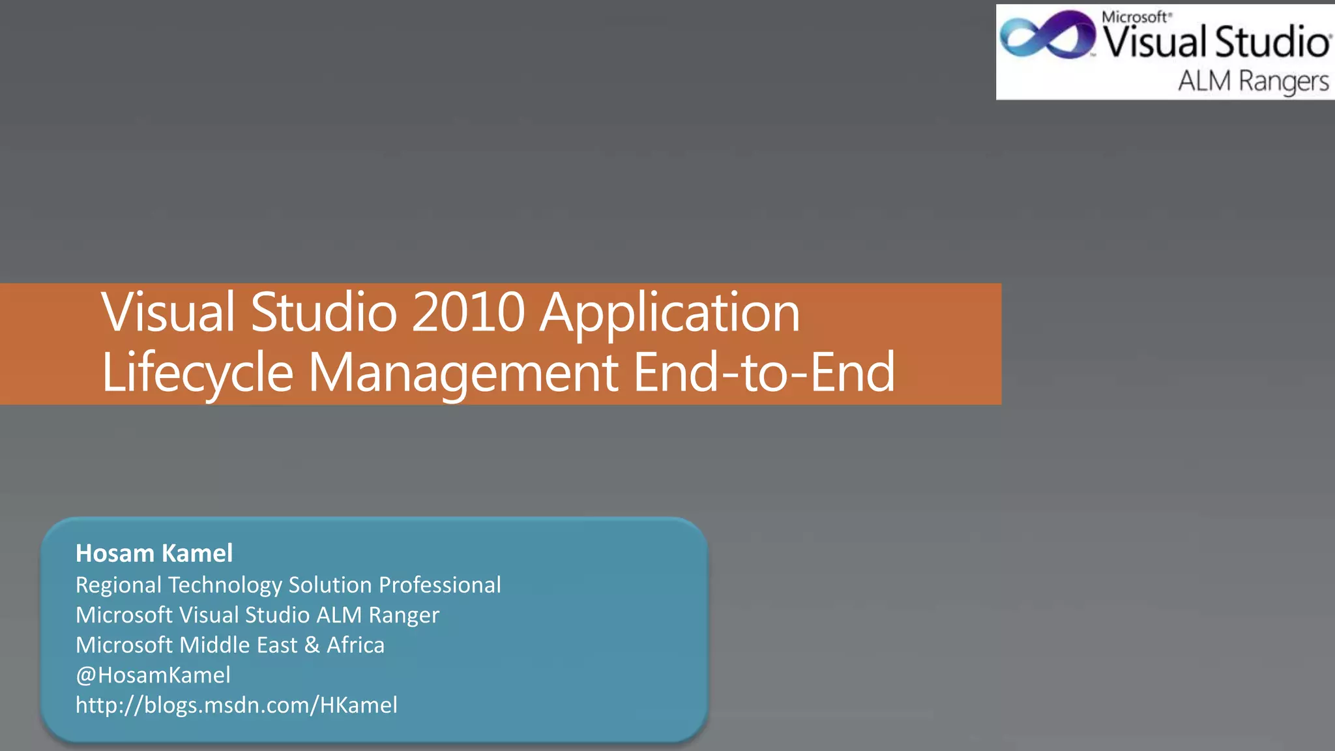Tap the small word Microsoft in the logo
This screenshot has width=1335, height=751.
pyautogui.click(x=1136, y=17)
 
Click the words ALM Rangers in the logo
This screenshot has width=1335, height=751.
pyautogui.click(x=1253, y=81)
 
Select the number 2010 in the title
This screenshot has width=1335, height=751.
pyautogui.click(x=468, y=313)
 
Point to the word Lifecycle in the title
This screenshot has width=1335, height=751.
pyautogui.click(x=198, y=373)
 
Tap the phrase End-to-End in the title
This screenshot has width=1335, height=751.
pyautogui.click(x=764, y=373)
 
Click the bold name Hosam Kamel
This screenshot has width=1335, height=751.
pyautogui.click(x=154, y=553)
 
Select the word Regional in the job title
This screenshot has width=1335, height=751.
pyautogui.click(x=118, y=585)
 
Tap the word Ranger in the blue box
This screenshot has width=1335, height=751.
pyautogui.click(x=403, y=615)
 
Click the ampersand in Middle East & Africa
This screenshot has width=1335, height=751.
pyautogui.click(x=312, y=645)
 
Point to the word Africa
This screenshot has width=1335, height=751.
pyautogui.click(x=355, y=645)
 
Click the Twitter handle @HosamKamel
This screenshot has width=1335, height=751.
pyautogui.click(x=153, y=675)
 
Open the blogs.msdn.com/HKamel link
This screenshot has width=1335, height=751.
pyautogui.click(x=236, y=705)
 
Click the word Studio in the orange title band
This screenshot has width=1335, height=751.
pyautogui.click(x=323, y=313)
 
